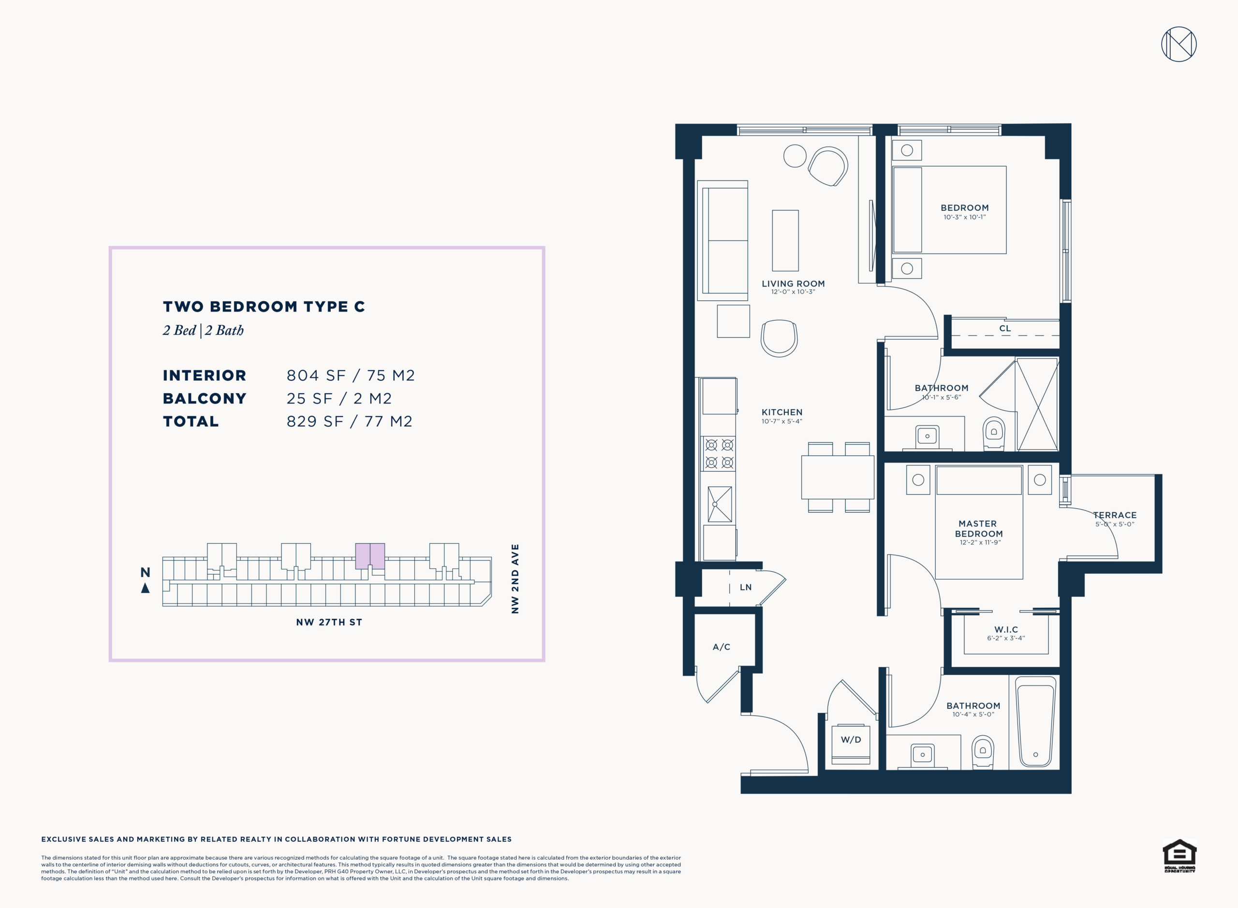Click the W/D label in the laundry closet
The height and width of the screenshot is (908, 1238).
[x=851, y=740]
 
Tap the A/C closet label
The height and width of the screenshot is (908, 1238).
[x=722, y=647]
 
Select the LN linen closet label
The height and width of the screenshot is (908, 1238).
[x=746, y=587]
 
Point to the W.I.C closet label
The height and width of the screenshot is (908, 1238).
[x=1006, y=629]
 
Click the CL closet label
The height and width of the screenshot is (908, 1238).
[x=1005, y=328]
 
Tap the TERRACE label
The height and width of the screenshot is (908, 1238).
[x=1115, y=515]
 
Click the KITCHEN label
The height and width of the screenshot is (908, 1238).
[x=782, y=412]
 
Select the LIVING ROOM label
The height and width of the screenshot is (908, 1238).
[x=793, y=283]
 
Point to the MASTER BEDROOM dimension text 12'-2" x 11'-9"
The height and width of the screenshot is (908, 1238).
[x=980, y=542]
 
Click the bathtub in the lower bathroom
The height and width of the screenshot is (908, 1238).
[x=1036, y=722]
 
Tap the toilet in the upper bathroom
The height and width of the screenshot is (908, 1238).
[x=993, y=433]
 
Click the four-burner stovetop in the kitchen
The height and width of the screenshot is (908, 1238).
[x=719, y=453]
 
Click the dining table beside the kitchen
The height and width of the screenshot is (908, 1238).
[x=838, y=477]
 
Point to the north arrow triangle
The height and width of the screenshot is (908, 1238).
[x=145, y=588]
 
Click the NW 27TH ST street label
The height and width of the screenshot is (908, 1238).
[x=329, y=622]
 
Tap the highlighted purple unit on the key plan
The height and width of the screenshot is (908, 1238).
[x=370, y=556]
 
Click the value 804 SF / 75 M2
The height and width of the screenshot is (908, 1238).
[x=351, y=375]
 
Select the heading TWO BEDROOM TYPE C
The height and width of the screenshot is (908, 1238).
[x=264, y=306]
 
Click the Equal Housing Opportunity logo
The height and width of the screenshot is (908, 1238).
[x=1179, y=856]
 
